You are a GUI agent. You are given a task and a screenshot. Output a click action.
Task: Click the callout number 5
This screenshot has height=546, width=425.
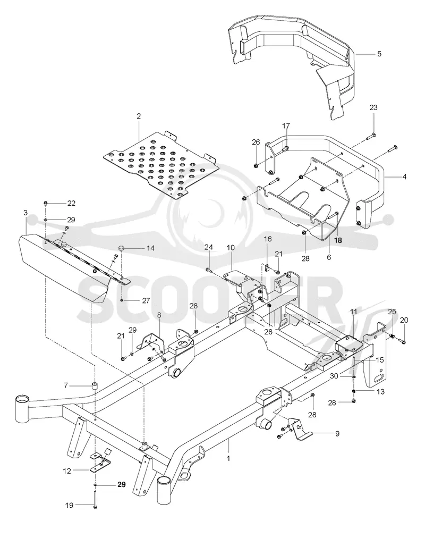tap(379, 54)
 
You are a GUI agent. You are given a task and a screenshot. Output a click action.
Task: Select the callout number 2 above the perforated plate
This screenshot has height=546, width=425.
tap(139, 116)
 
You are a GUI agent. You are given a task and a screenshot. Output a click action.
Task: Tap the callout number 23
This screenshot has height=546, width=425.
tap(373, 107)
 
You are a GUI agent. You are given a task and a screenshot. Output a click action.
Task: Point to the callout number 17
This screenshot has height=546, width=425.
tap(286, 125)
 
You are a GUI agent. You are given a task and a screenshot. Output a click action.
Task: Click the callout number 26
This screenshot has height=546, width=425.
tap(256, 142)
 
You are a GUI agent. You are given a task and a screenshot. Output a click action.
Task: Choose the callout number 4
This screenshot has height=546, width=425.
tap(404, 177)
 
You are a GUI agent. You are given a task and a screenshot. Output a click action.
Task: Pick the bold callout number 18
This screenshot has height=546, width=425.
tap(338, 240)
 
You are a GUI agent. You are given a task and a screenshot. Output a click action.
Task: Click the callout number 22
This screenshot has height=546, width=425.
tap(71, 204)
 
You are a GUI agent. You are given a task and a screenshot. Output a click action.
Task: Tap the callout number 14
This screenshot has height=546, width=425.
tap(150, 248)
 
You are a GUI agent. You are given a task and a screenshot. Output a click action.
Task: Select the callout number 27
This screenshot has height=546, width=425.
tap(146, 300)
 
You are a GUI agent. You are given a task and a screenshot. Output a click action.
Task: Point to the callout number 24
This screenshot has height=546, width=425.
tap(208, 247)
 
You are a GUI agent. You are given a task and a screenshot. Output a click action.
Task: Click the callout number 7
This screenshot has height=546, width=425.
tap(66, 385)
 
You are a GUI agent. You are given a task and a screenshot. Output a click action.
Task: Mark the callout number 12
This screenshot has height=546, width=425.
tap(67, 471)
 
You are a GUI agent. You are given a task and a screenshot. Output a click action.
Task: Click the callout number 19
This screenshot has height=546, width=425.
tap(69, 505)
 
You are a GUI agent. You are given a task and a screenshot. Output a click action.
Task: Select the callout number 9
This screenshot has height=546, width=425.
tap(337, 434)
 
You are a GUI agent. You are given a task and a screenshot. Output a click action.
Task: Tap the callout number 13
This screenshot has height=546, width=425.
tap(381, 392)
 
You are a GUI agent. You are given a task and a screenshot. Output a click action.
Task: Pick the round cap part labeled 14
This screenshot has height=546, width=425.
tap(122, 248)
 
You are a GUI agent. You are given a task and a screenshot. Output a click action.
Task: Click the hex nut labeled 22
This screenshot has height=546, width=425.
tap(46, 203)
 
